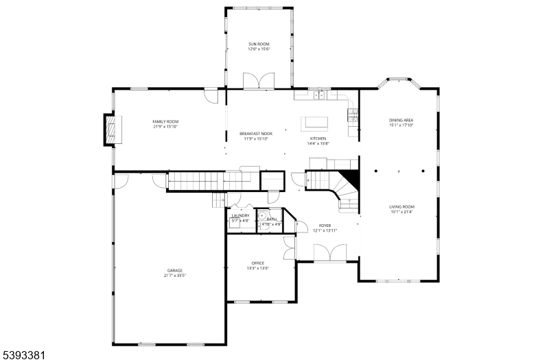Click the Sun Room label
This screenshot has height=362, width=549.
coord(259,44)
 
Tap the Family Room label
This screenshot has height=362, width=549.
coord(165,121)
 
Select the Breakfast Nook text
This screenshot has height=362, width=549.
coord(256,133)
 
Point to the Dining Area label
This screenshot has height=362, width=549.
coord(401,121)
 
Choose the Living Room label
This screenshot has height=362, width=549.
coord(401,206)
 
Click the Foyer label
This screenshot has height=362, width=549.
coord(325,226)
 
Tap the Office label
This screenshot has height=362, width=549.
coord(258,263)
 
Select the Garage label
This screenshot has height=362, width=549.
coord(175,271)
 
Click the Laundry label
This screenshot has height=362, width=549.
coord(240,215)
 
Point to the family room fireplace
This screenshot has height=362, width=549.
coord(110,129)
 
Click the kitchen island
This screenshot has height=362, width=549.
coord(316,122)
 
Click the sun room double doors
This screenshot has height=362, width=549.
coord(259,82)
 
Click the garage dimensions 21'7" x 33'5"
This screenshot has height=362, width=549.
coord(175,276)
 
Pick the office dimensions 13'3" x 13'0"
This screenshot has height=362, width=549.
coord(258,269)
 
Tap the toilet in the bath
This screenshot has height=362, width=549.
coord(262,215)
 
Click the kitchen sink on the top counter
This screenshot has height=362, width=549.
coord(319,96)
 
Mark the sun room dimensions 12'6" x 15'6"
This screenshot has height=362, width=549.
coord(259,49)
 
